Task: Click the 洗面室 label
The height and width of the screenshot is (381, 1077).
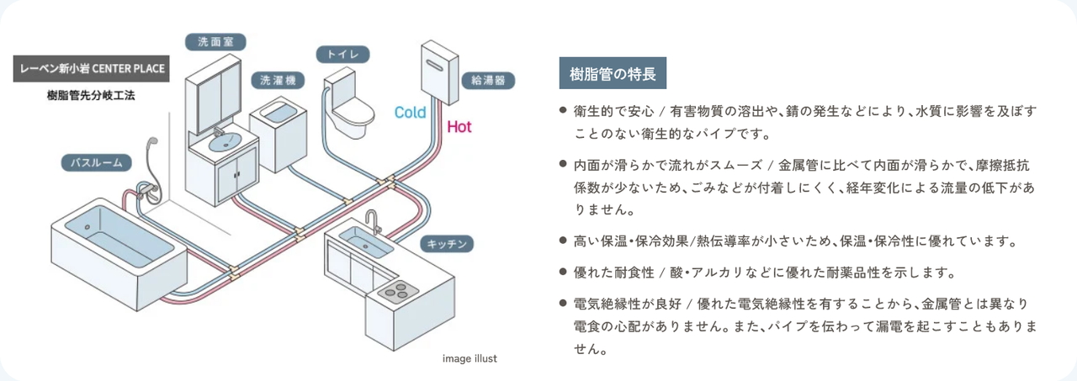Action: [x=215, y=42]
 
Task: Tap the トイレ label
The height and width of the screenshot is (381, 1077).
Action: [x=342, y=55]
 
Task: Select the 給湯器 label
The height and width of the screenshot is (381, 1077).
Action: [x=488, y=81]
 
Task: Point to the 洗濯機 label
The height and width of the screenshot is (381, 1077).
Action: [x=278, y=81]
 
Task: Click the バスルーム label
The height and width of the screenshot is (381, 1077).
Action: [x=97, y=162]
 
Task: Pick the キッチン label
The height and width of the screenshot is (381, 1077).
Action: [x=447, y=244]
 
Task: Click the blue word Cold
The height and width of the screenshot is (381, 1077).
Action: [x=411, y=112]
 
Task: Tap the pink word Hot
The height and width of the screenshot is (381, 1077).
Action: [x=459, y=127]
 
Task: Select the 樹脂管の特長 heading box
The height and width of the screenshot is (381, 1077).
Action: [x=613, y=74]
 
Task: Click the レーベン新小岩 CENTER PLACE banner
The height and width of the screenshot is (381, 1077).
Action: [x=92, y=68]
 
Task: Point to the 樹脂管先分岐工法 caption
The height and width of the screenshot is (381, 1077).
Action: [x=91, y=95]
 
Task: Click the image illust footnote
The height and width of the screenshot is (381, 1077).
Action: [x=470, y=358]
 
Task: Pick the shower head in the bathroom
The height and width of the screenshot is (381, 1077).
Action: [x=152, y=146]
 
